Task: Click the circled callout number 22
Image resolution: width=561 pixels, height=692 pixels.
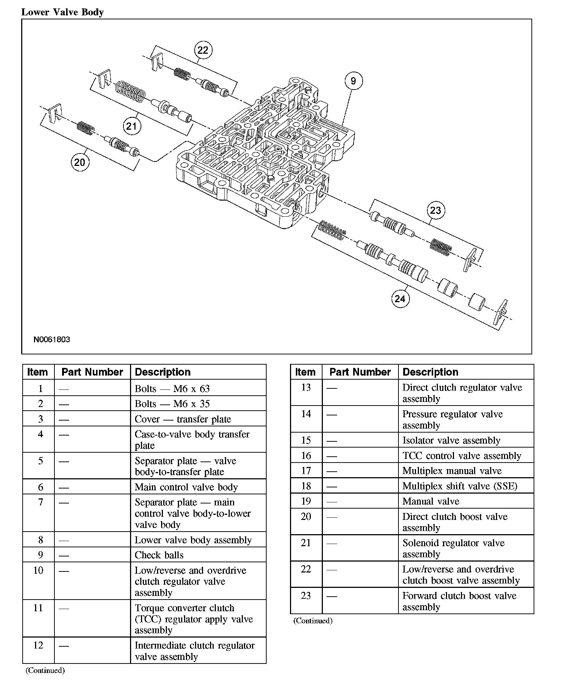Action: tap(203, 50)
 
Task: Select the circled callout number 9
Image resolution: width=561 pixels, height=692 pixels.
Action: tap(353, 81)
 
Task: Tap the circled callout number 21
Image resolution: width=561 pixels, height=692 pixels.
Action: tap(131, 126)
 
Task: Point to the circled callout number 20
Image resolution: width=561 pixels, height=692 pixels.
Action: tap(80, 162)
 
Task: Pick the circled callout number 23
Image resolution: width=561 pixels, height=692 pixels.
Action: tap(435, 210)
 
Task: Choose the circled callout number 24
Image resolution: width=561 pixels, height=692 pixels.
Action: tap(400, 299)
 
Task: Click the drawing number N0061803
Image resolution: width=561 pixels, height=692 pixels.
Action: tap(52, 339)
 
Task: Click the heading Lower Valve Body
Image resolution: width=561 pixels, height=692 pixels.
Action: tap(62, 12)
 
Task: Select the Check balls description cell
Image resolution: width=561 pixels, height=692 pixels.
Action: tap(159, 555)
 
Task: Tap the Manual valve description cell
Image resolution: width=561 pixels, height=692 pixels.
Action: tap(431, 501)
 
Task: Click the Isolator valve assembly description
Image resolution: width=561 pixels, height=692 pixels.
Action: tap(451, 440)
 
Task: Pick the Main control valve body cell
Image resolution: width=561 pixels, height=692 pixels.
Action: tap(186, 487)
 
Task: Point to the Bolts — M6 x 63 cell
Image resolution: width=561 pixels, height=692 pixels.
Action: tap(172, 389)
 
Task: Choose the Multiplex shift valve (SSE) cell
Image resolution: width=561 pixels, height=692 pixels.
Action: tap(460, 486)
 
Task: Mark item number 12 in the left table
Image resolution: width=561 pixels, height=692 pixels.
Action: tap(38, 645)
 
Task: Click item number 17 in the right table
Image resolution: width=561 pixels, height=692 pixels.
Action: tap(306, 471)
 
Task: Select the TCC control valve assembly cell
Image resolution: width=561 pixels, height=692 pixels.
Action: tap(462, 456)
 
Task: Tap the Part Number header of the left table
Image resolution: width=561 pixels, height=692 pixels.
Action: tap(92, 372)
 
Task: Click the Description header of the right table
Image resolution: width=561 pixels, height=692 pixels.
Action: tap(430, 372)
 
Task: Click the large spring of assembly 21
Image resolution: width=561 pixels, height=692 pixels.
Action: tap(130, 93)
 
